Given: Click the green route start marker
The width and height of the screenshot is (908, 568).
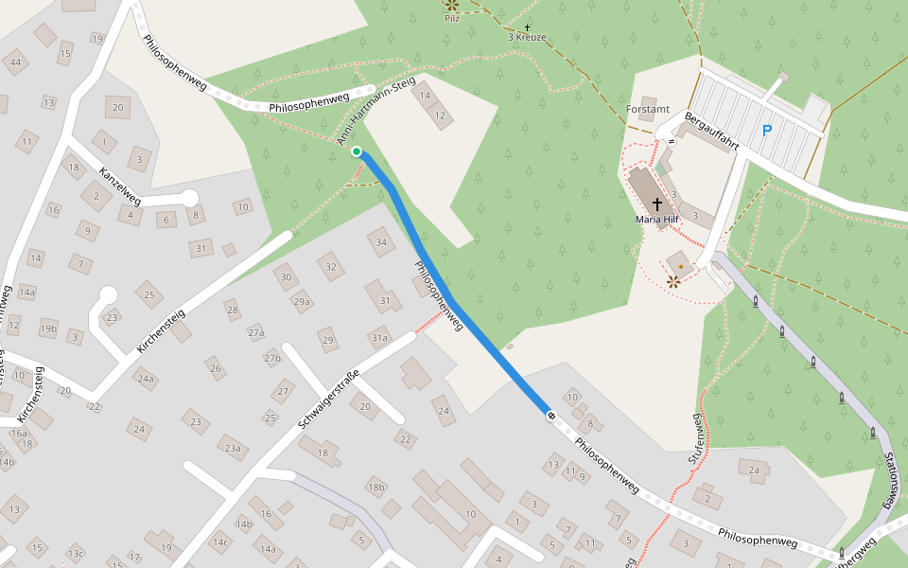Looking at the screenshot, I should [357, 151].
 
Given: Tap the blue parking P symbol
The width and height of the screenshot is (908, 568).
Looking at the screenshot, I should [767, 132].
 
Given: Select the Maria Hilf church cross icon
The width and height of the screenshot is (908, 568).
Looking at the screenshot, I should [657, 204].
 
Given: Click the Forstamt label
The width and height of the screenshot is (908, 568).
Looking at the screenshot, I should [647, 110].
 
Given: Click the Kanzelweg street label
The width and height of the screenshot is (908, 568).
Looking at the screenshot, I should [120, 186].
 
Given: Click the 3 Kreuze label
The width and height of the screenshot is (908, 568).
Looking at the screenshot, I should [528, 37].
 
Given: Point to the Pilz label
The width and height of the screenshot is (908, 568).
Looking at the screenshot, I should [452, 18].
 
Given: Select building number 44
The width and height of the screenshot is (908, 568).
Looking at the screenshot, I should [14, 62].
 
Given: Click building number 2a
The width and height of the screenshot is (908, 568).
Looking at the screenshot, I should [754, 470].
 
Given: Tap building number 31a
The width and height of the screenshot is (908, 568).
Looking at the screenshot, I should [379, 337].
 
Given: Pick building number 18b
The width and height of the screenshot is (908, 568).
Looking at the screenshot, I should [376, 487].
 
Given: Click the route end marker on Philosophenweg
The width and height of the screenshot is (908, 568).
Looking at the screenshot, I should [550, 414].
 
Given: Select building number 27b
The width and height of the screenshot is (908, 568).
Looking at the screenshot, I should [272, 358].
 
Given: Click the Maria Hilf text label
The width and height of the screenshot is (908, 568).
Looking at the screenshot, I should [657, 220].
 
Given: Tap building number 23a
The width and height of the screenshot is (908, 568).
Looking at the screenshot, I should [230, 448].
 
